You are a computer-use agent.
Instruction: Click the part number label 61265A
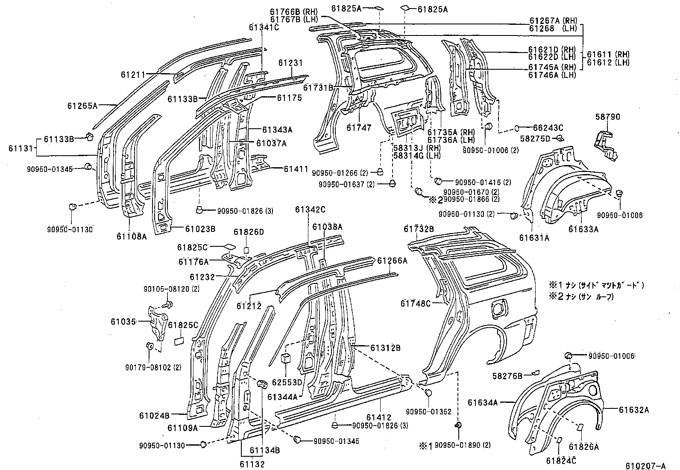pos(82,105)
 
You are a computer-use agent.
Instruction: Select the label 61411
pos(296,169)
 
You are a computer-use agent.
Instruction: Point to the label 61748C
pos(416,303)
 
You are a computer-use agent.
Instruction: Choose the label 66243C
pos(548,127)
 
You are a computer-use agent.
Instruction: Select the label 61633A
pos(583,229)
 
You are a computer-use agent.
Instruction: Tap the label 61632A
pos(634,410)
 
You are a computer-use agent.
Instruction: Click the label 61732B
pos(419,229)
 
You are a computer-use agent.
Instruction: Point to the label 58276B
pos(507,375)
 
